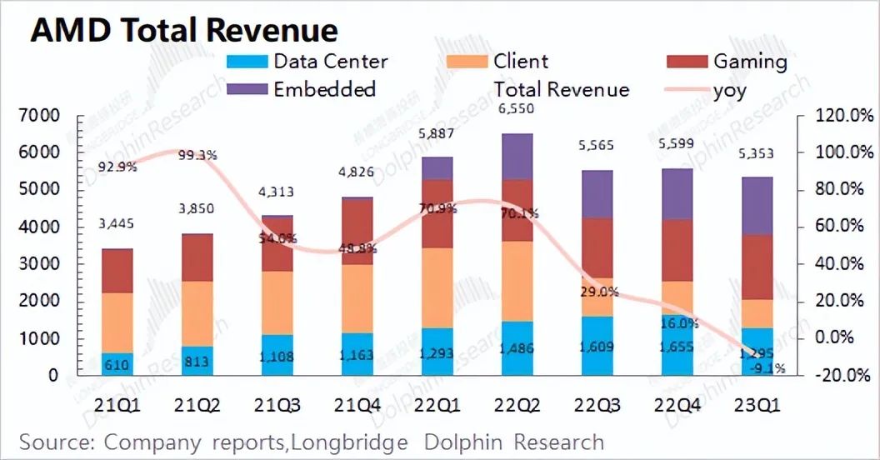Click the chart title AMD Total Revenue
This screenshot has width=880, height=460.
click(x=184, y=30)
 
